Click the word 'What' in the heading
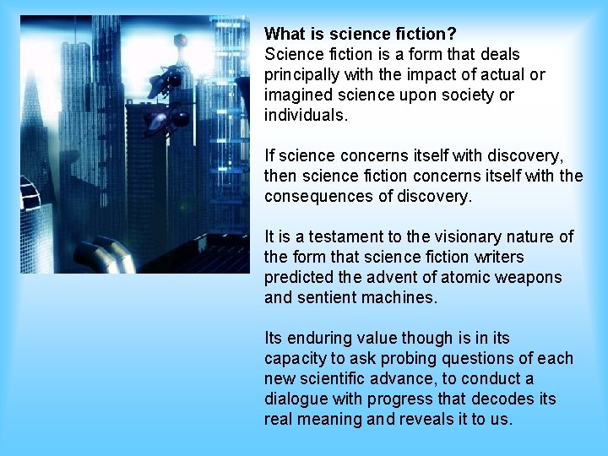coord(284,35)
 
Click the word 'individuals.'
coord(306,116)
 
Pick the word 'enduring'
coord(321,339)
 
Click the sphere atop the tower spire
coord(180,40)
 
